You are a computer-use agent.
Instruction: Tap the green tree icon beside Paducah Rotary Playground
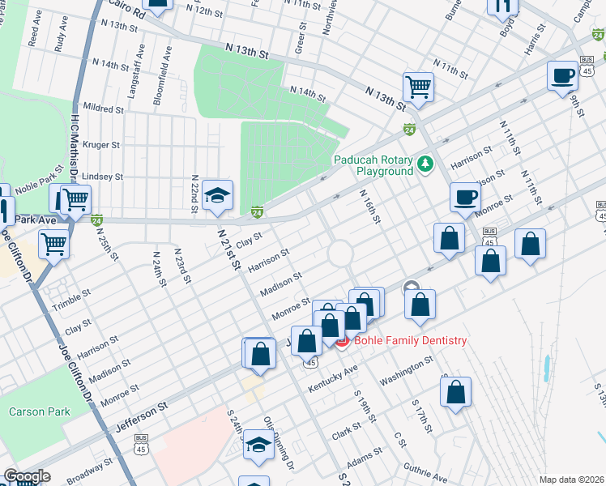425,165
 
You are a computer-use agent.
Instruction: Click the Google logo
26,476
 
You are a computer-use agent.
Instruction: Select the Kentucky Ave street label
333,379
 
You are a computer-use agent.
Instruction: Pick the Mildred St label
102,107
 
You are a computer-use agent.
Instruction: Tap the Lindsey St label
103,176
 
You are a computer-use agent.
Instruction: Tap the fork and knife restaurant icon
502,6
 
